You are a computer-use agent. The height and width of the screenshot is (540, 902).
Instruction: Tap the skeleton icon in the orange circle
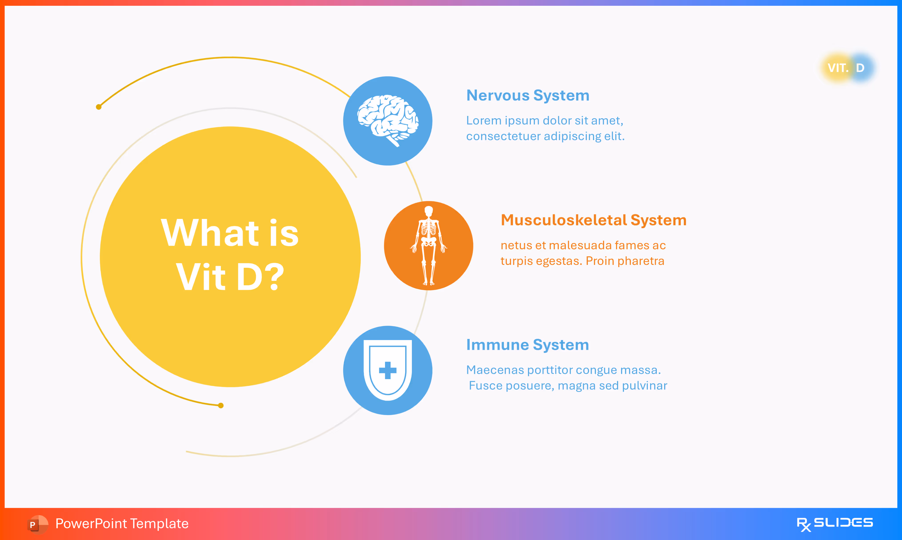(428, 246)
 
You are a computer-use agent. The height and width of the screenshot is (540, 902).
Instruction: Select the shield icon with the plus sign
(388, 370)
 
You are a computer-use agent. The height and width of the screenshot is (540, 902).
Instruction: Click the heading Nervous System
(527, 95)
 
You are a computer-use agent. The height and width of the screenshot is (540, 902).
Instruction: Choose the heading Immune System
(527, 345)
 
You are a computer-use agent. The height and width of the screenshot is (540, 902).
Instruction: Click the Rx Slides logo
(834, 524)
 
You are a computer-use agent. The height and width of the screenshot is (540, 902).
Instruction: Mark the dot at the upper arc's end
(99, 107)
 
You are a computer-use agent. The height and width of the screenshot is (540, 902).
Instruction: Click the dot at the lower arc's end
(221, 405)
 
